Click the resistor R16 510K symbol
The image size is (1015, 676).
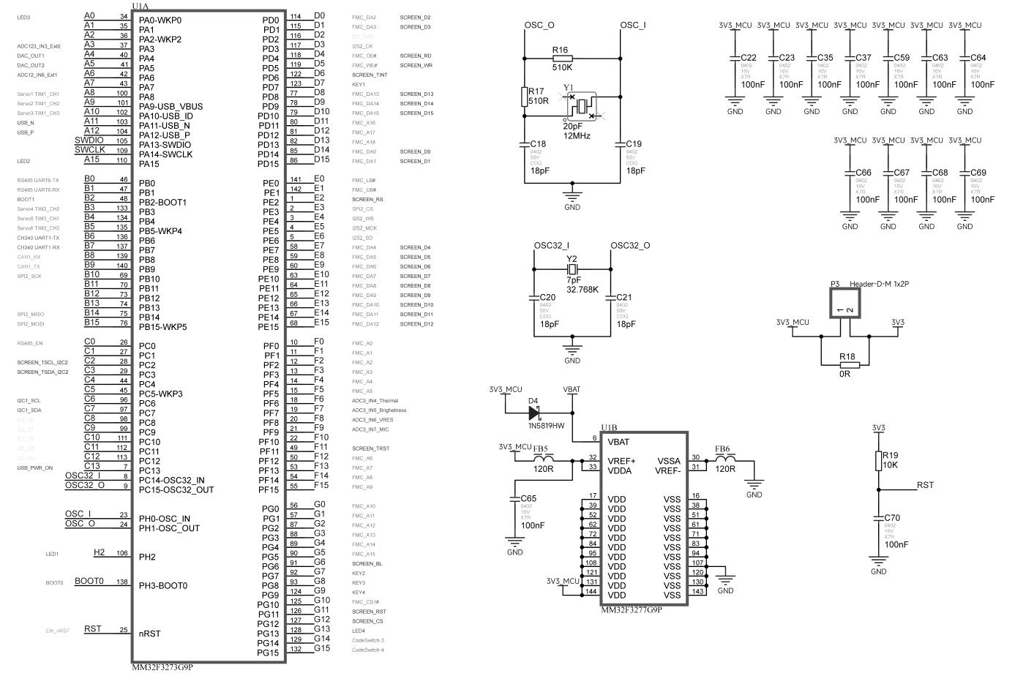coord(561,59)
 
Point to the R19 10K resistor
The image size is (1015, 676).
coord(879,460)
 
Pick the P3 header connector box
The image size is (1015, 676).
coord(846,302)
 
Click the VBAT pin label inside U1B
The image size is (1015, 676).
coord(618,442)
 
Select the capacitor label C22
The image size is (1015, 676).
coord(748,58)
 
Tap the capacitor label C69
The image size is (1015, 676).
coord(978,173)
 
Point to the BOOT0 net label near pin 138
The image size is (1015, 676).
coord(89,582)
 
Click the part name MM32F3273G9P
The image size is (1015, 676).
coord(162,667)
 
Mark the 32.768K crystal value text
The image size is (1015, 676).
coord(582,290)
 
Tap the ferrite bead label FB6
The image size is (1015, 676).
coord(722,448)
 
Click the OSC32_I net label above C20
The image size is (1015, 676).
coord(552,246)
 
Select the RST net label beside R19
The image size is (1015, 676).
coord(925,485)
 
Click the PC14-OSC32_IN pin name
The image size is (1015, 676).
coord(172,480)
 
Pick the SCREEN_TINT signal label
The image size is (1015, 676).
coord(370,75)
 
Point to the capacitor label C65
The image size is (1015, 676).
coord(528,498)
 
